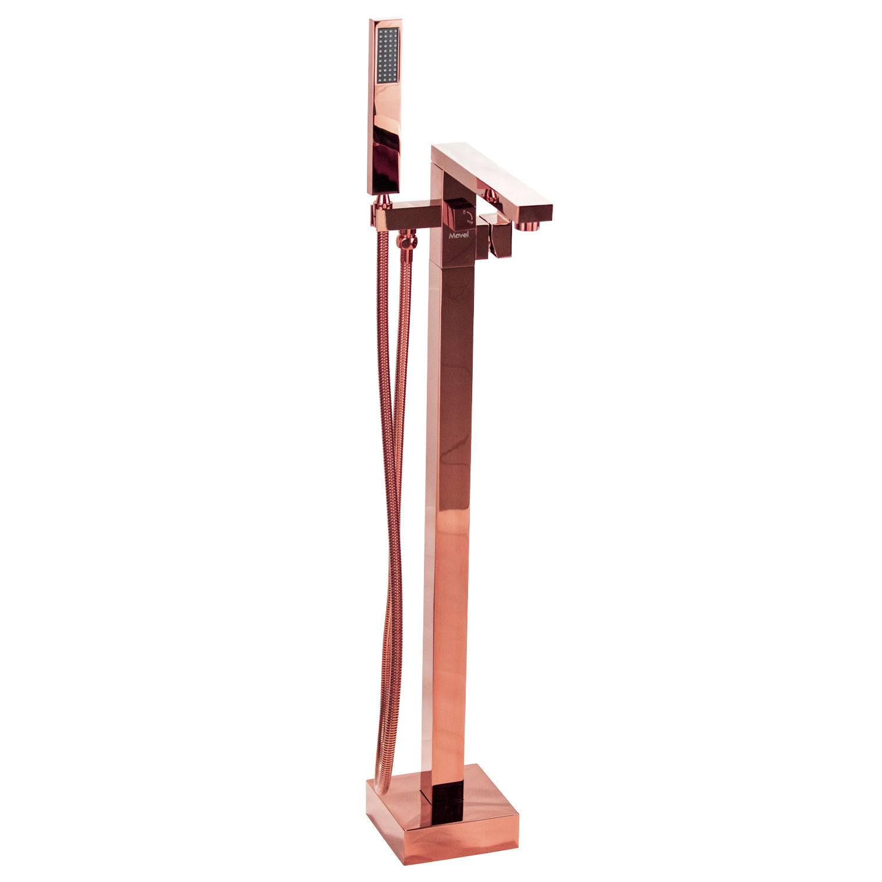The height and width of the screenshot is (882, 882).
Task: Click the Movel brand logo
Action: [459, 235]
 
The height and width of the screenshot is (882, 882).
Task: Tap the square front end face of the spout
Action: [534, 212]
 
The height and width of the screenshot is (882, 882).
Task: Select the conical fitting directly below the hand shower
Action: [383, 201]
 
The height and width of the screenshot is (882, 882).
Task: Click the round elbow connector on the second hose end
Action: [406, 242]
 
